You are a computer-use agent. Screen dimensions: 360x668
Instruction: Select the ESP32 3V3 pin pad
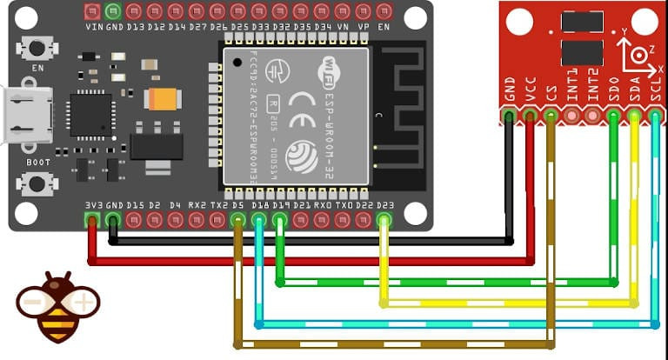91,220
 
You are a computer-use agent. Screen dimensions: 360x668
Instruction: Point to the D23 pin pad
384,220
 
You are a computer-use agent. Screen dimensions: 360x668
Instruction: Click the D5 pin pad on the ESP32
237,220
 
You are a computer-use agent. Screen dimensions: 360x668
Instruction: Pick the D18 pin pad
258,220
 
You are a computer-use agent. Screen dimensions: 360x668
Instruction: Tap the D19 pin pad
279,220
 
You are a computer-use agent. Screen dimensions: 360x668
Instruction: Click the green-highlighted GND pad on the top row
112,11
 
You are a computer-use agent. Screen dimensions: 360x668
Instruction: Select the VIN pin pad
92,11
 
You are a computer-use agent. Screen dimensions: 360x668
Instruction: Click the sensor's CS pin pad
551,114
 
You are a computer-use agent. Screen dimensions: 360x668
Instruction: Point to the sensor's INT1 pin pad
571,114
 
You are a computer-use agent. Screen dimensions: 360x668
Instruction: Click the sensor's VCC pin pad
530,114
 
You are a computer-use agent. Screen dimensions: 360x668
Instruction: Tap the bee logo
57,306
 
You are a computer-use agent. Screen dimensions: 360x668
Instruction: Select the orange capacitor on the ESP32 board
163,99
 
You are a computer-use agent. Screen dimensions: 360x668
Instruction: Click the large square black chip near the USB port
91,115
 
